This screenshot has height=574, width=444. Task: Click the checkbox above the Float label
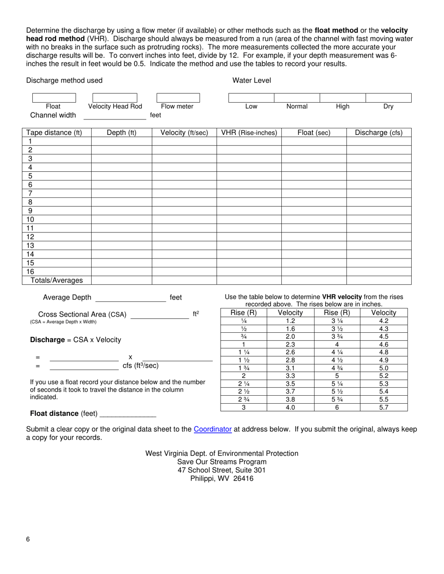54,98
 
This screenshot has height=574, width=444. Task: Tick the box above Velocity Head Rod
115,98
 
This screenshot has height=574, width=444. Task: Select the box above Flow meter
178,98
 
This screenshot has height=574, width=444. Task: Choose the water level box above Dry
388,98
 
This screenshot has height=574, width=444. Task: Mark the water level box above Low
251,98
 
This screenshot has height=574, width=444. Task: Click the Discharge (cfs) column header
379,133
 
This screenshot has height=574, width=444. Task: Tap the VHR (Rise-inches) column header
249,133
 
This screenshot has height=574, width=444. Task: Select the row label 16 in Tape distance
30,272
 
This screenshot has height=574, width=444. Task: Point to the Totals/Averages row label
57,280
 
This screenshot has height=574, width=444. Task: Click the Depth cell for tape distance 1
122,141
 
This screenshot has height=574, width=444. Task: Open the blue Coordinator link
213,429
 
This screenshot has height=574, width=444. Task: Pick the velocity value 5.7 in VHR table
384,407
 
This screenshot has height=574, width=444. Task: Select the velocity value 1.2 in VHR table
290,321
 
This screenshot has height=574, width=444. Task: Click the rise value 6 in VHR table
337,407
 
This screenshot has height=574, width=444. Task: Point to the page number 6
28,539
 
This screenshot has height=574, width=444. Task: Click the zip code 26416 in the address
243,478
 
